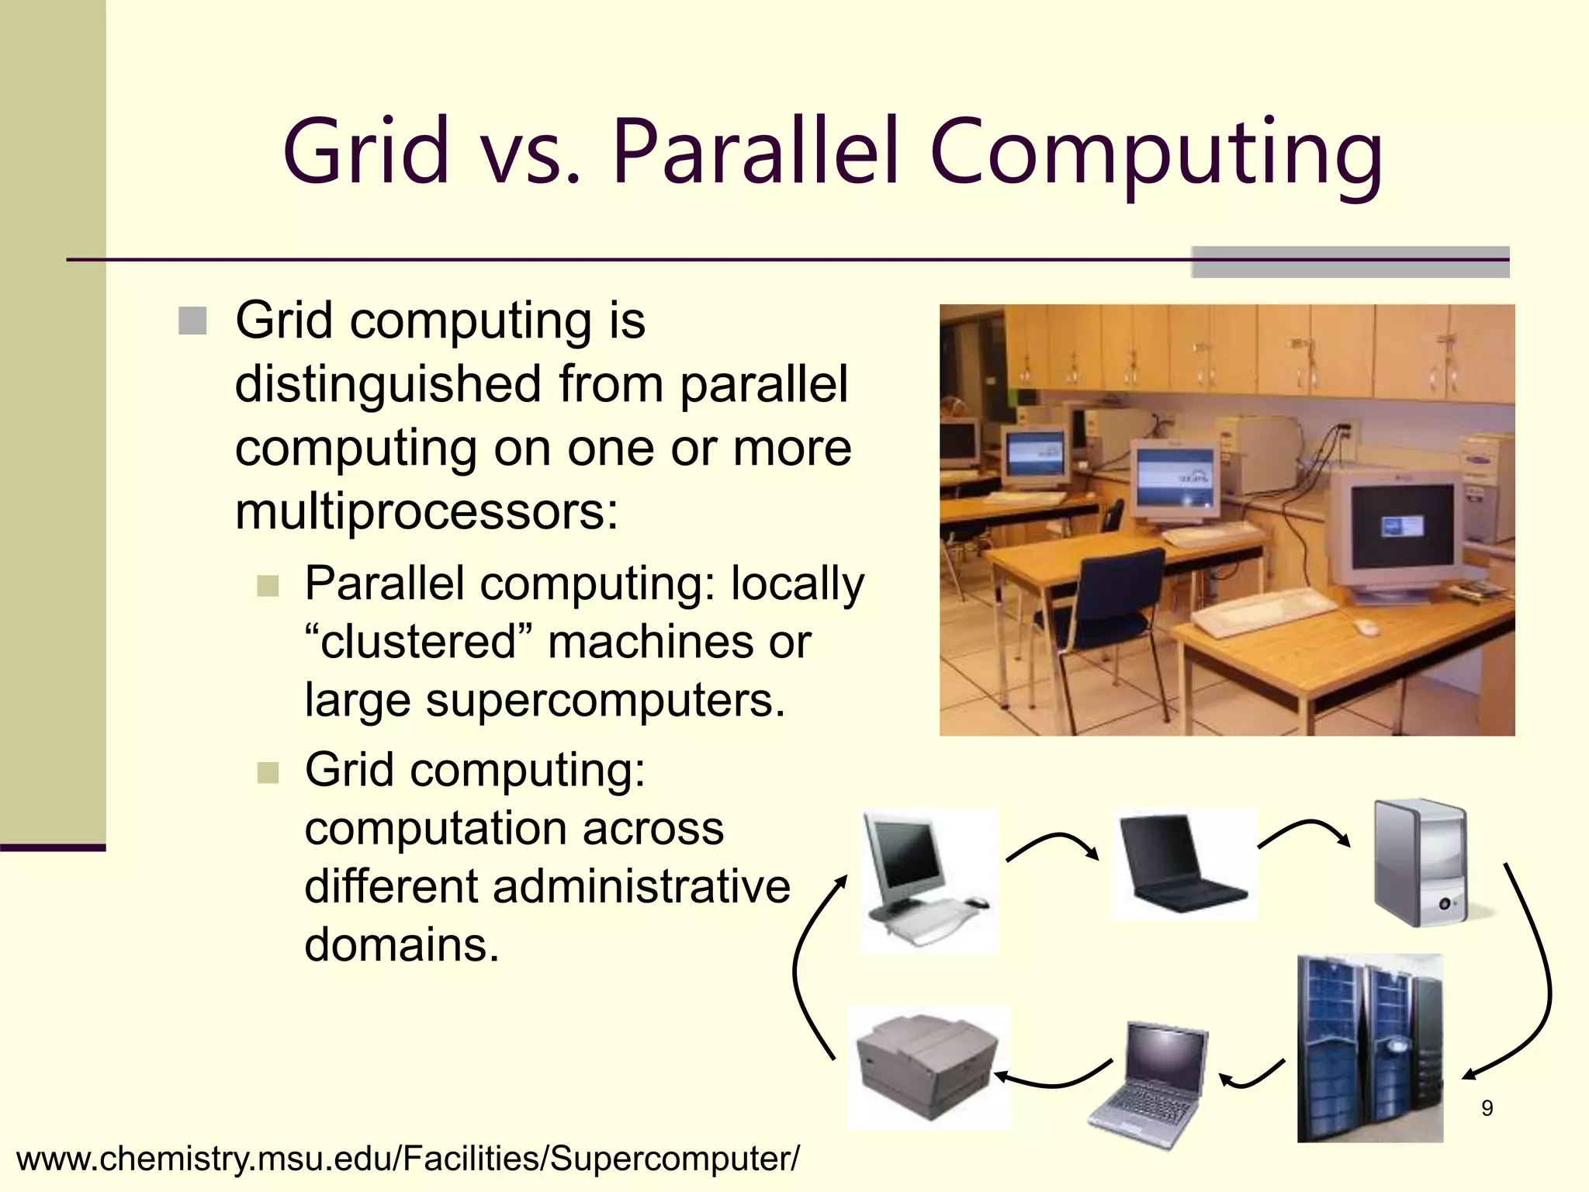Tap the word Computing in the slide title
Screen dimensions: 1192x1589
coord(1156,153)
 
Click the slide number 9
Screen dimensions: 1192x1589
coord(1487,1108)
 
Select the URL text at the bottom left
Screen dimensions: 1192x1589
coord(407,1159)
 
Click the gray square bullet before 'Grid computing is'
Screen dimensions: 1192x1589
coord(192,321)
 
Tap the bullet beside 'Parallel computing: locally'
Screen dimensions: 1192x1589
coord(268,585)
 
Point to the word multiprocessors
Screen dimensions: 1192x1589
coord(426,512)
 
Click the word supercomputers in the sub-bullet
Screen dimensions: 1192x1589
coord(604,700)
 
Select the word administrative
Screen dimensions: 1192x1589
coord(641,886)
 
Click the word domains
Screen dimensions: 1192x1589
coord(401,945)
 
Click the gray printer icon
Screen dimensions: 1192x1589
coord(927,1066)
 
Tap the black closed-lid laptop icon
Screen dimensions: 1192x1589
coord(1183,863)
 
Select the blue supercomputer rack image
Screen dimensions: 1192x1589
coord(1369,1048)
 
